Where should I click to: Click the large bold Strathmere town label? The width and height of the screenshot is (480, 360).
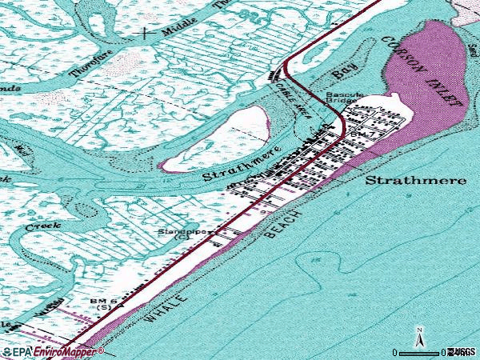coord(415,180)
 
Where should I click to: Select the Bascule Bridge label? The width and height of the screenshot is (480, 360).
coord(346,98)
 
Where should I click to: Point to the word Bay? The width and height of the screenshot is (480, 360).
coord(343,70)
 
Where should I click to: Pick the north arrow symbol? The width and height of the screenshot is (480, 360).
coord(418,337)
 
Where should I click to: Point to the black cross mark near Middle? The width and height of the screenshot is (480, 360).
coord(145,34)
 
